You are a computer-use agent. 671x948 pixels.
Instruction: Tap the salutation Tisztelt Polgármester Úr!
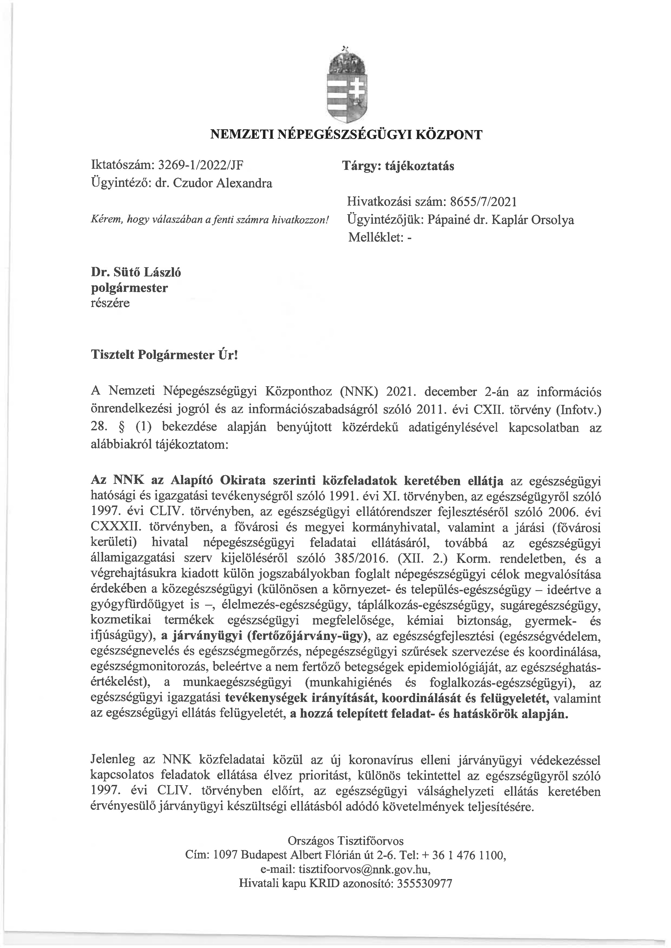(x=165, y=355)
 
